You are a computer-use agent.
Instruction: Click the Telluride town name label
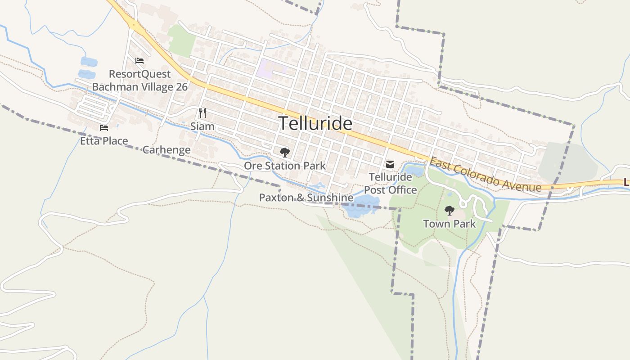[315, 123]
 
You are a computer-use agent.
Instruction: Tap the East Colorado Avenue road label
[485, 175]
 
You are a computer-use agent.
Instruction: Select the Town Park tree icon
[449, 210]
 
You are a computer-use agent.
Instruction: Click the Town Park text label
[449, 223]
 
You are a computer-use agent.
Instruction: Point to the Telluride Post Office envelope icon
[390, 164]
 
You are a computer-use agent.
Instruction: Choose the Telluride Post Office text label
[390, 183]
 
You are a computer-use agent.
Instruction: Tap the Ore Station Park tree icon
[284, 153]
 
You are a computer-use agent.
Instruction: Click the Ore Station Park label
[284, 166]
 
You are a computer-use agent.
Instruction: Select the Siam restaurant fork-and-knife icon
[202, 113]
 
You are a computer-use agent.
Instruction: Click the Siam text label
[202, 126]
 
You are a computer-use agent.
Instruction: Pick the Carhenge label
[166, 150]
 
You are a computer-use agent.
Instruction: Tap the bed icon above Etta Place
[104, 128]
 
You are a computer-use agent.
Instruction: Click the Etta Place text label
[104, 141]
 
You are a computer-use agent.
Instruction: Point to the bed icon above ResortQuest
[139, 61]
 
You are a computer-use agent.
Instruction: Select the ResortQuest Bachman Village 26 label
[139, 80]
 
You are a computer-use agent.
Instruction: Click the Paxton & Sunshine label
[306, 198]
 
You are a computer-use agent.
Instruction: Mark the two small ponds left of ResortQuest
[87, 68]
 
